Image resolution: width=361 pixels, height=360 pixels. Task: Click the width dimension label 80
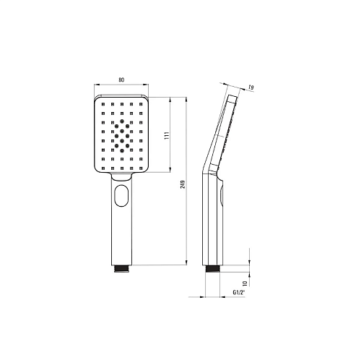pos(121,80)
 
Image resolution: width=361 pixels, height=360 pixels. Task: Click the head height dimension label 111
pos(167,135)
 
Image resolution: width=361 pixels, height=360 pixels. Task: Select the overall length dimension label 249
pos(183,184)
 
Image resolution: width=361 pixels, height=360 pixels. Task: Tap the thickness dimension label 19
pos(251,87)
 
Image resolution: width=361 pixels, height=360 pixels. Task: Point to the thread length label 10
pos(245,283)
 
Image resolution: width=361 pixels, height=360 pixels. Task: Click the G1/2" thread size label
pos(238,293)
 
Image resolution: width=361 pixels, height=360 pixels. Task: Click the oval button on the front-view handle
pos(121,195)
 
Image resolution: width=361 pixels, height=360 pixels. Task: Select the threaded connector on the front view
pos(122,269)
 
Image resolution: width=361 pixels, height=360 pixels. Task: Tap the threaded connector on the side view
pos(212,269)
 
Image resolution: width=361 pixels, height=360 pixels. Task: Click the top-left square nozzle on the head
pos(103,104)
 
